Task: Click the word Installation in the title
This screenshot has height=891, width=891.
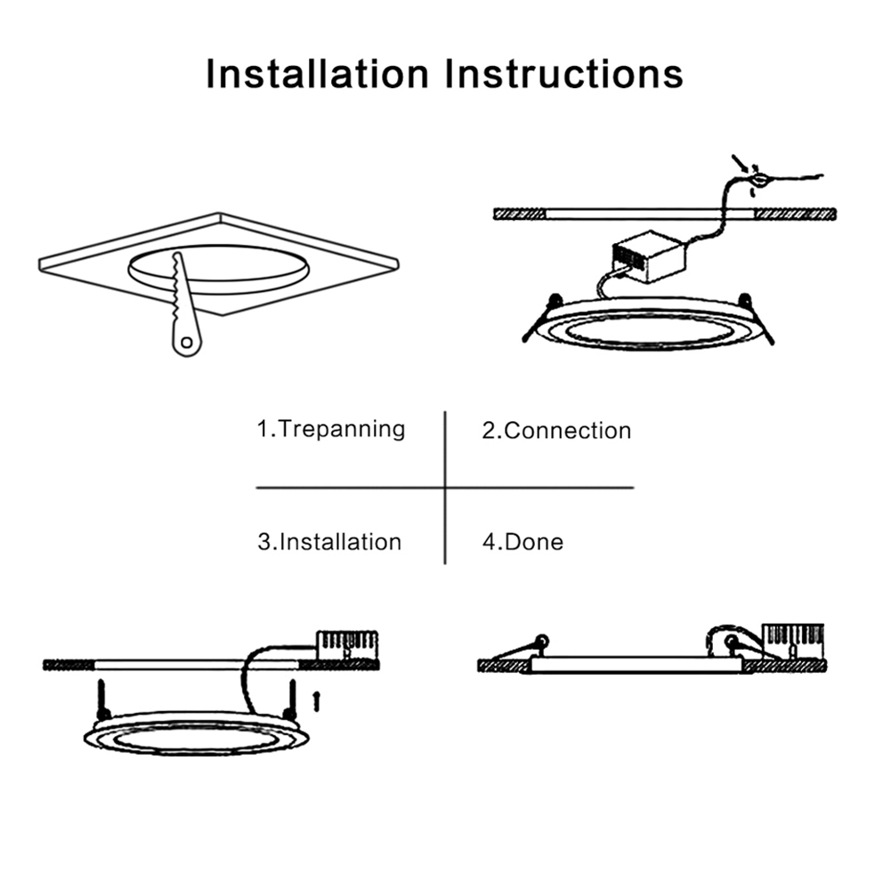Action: (x=317, y=73)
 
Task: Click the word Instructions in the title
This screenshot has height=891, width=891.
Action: (x=565, y=73)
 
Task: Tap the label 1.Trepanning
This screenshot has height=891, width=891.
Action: (x=331, y=429)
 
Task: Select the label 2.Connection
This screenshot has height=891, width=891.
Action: (x=556, y=431)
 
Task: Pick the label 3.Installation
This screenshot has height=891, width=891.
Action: (x=329, y=541)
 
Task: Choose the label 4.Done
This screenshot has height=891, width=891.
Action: (x=522, y=541)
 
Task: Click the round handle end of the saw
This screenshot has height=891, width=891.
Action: (x=186, y=341)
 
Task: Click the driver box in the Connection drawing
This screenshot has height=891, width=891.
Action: (x=649, y=256)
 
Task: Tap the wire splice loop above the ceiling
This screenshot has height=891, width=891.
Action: (x=757, y=181)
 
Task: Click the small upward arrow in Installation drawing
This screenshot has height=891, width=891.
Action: (x=315, y=701)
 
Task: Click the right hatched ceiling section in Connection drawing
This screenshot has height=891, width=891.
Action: (x=795, y=215)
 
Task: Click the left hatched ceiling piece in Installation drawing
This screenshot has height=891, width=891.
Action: (x=68, y=664)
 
